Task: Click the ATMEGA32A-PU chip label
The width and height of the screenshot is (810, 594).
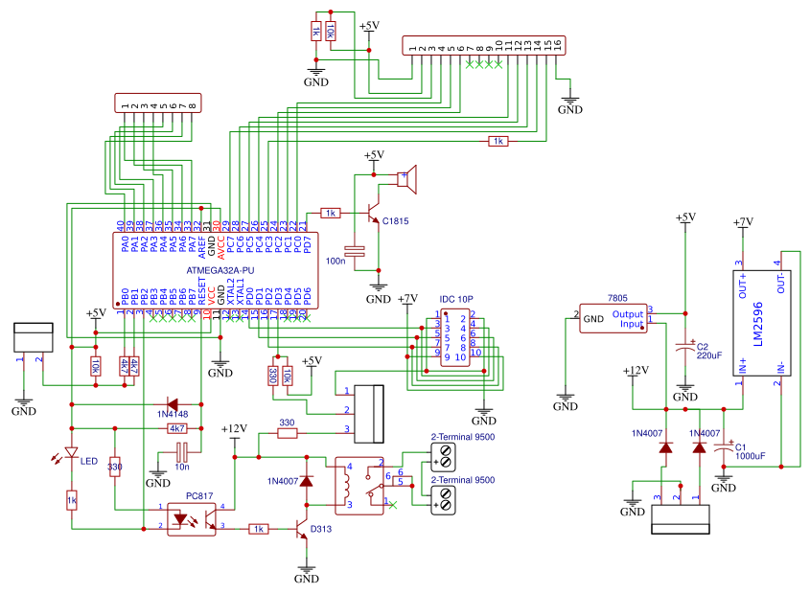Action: pyautogui.click(x=220, y=271)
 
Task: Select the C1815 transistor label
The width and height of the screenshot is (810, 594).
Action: pyautogui.click(x=395, y=221)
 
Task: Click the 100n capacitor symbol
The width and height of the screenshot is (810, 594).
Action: pyautogui.click(x=357, y=251)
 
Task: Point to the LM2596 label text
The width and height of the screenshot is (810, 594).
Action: pyautogui.click(x=756, y=325)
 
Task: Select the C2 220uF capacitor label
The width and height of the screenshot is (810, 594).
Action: pyautogui.click(x=708, y=351)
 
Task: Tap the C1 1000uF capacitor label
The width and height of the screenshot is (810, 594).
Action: pyautogui.click(x=750, y=450)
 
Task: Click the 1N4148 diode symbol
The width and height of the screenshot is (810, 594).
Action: pyautogui.click(x=174, y=404)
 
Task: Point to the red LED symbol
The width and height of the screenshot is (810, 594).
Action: pyautogui.click(x=71, y=453)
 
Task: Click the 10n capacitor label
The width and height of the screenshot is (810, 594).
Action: pyautogui.click(x=181, y=467)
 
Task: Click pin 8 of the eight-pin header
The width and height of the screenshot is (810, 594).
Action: pyautogui.click(x=192, y=105)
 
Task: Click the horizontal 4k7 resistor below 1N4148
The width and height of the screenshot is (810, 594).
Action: pyautogui.click(x=177, y=428)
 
